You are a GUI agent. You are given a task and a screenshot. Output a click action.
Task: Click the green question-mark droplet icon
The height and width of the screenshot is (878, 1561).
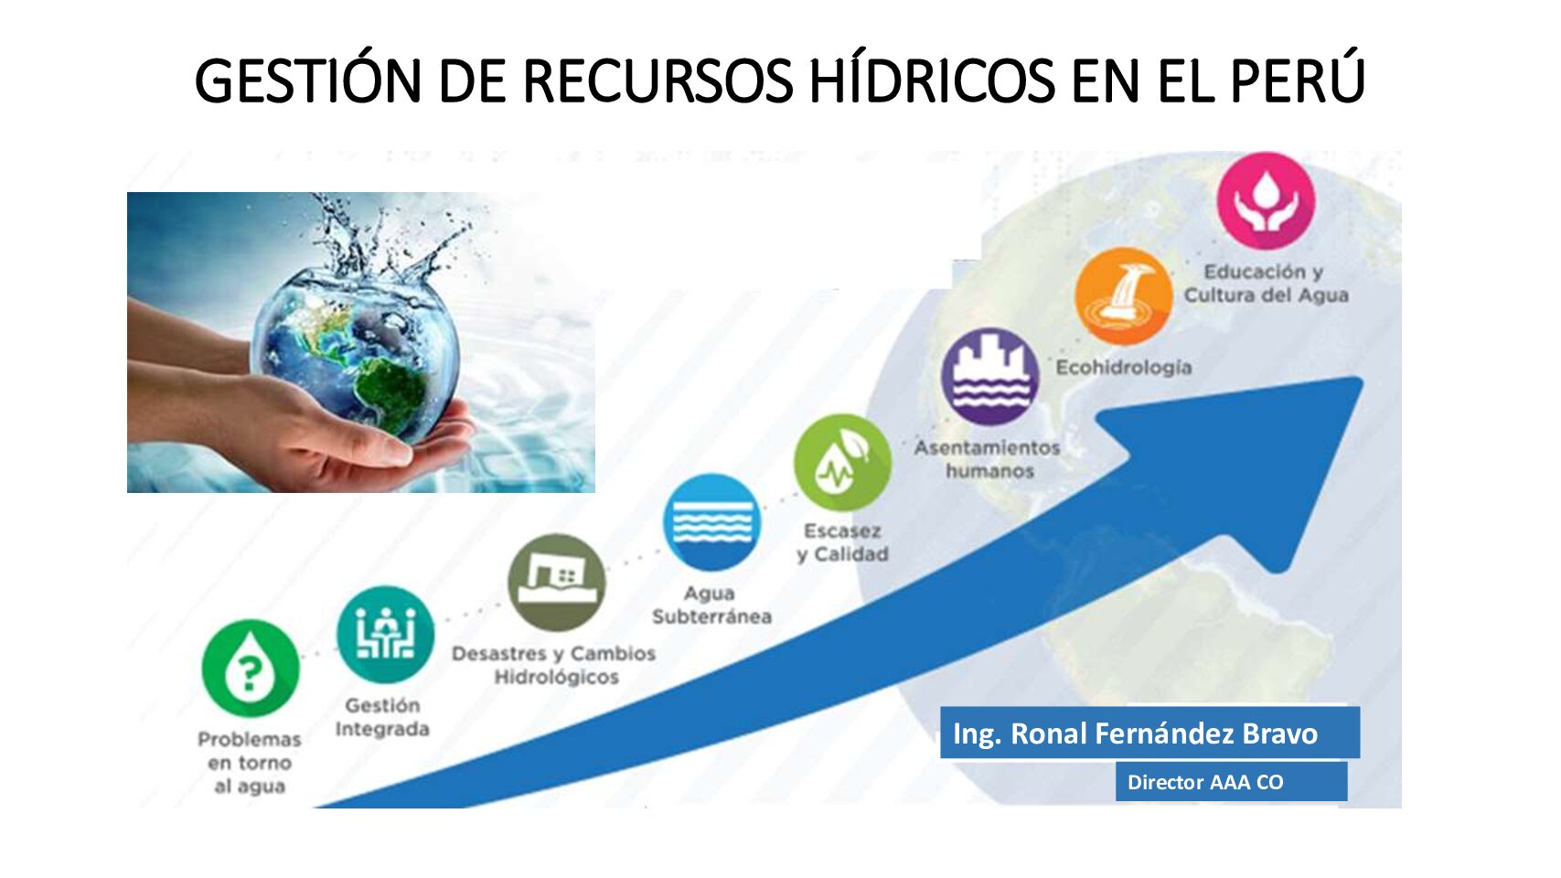click(251, 669)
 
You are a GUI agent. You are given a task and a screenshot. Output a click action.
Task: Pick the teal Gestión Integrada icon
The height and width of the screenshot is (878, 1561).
click(385, 634)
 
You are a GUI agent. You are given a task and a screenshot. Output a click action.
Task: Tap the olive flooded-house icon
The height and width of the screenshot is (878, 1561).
click(557, 583)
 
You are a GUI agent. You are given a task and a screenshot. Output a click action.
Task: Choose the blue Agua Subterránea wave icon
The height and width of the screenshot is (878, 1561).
click(712, 522)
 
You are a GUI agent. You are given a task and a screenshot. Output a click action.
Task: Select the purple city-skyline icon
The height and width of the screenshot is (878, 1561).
click(990, 376)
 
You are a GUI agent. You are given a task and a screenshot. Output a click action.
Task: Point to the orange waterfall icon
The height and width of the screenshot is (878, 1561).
click(1123, 296)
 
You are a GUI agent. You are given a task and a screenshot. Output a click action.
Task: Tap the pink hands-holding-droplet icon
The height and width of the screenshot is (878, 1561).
click(1267, 200)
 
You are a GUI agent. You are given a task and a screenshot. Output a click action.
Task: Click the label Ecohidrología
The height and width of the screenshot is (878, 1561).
click(1123, 368)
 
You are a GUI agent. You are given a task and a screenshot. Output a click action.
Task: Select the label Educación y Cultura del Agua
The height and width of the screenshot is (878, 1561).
click(1266, 284)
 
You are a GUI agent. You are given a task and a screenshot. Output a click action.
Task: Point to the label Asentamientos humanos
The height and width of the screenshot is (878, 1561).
click(989, 459)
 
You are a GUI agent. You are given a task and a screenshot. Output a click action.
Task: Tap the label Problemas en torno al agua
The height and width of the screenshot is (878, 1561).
click(250, 763)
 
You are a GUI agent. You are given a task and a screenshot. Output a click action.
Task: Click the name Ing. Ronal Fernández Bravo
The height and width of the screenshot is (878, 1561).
click(1135, 733)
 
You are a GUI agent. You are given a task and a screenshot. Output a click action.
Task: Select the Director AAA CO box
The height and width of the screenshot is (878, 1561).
click(1232, 782)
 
